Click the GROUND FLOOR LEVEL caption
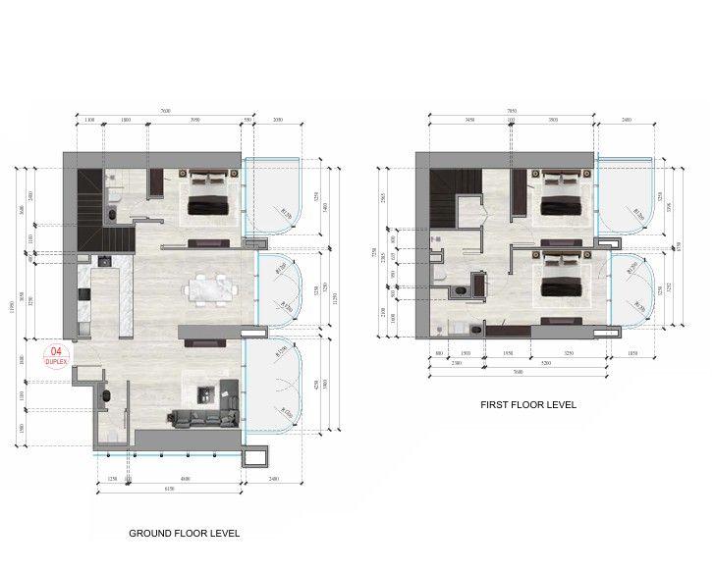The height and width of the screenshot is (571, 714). point(185,534)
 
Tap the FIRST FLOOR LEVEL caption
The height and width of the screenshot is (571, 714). point(527,404)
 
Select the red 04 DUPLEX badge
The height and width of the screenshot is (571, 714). point(56,355)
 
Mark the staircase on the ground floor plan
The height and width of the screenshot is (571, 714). point(102,211)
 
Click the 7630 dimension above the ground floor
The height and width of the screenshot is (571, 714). point(165,112)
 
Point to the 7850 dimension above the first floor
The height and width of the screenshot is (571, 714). point(511,112)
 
